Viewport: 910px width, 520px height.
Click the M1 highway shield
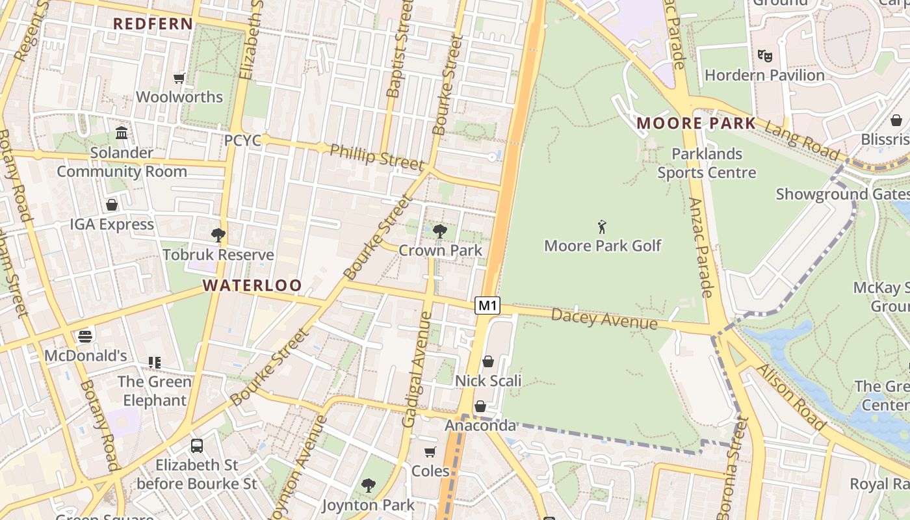point(487,305)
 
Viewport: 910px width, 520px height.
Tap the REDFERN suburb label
point(153,24)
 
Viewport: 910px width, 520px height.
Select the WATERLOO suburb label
point(252,285)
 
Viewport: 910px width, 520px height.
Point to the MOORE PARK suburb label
point(696,123)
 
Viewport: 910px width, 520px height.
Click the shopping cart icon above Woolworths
point(179,79)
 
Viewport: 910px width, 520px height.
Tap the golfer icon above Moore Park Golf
point(603,227)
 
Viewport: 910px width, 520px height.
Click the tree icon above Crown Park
point(440,231)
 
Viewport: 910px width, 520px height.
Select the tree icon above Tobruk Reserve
point(218,235)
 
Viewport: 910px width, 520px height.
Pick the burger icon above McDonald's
point(85,336)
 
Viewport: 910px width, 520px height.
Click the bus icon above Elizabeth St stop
point(197,446)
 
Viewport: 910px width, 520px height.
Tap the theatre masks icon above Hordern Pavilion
point(764,56)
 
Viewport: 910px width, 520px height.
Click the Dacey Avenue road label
point(604,319)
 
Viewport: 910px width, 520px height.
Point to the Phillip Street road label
point(376,157)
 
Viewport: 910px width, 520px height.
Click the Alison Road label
point(791,397)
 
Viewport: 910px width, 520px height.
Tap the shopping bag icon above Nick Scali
point(488,361)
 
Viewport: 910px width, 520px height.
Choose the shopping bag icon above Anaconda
point(480,407)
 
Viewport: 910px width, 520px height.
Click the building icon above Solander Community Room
point(122,133)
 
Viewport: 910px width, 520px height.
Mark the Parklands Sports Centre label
point(707,163)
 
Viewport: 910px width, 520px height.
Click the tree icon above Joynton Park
point(369,485)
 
